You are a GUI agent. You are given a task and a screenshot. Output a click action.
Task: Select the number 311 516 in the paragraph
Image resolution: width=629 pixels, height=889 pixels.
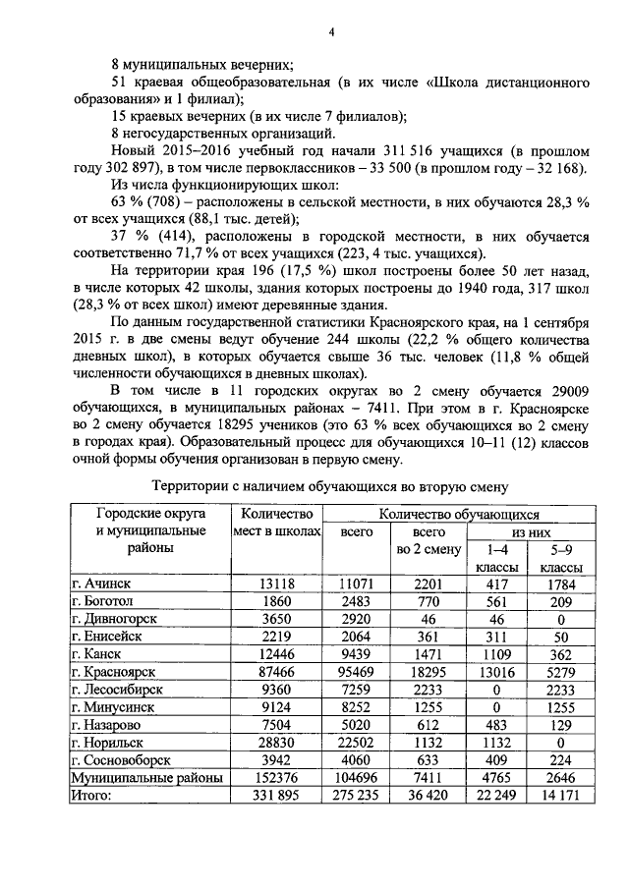(x=421, y=152)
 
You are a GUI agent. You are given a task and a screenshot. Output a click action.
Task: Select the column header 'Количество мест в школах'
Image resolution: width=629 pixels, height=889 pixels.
(x=276, y=523)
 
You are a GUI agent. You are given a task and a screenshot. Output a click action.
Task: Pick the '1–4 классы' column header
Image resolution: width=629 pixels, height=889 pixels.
(x=490, y=559)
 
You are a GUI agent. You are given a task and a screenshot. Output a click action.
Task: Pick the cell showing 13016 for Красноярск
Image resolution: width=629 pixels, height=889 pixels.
(x=490, y=672)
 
